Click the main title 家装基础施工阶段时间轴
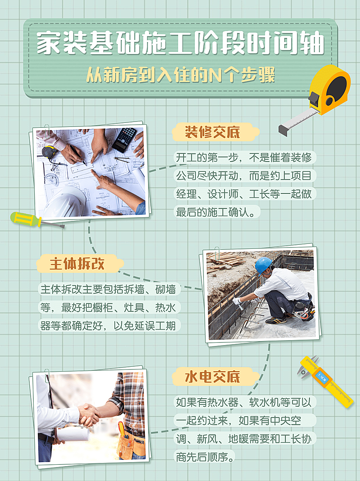[x=180, y=44]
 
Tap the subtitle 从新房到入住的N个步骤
[x=180, y=75]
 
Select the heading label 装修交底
[x=213, y=132]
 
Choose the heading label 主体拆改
[x=77, y=264]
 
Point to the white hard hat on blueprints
[x=65, y=202]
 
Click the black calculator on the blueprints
[x=124, y=139]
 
